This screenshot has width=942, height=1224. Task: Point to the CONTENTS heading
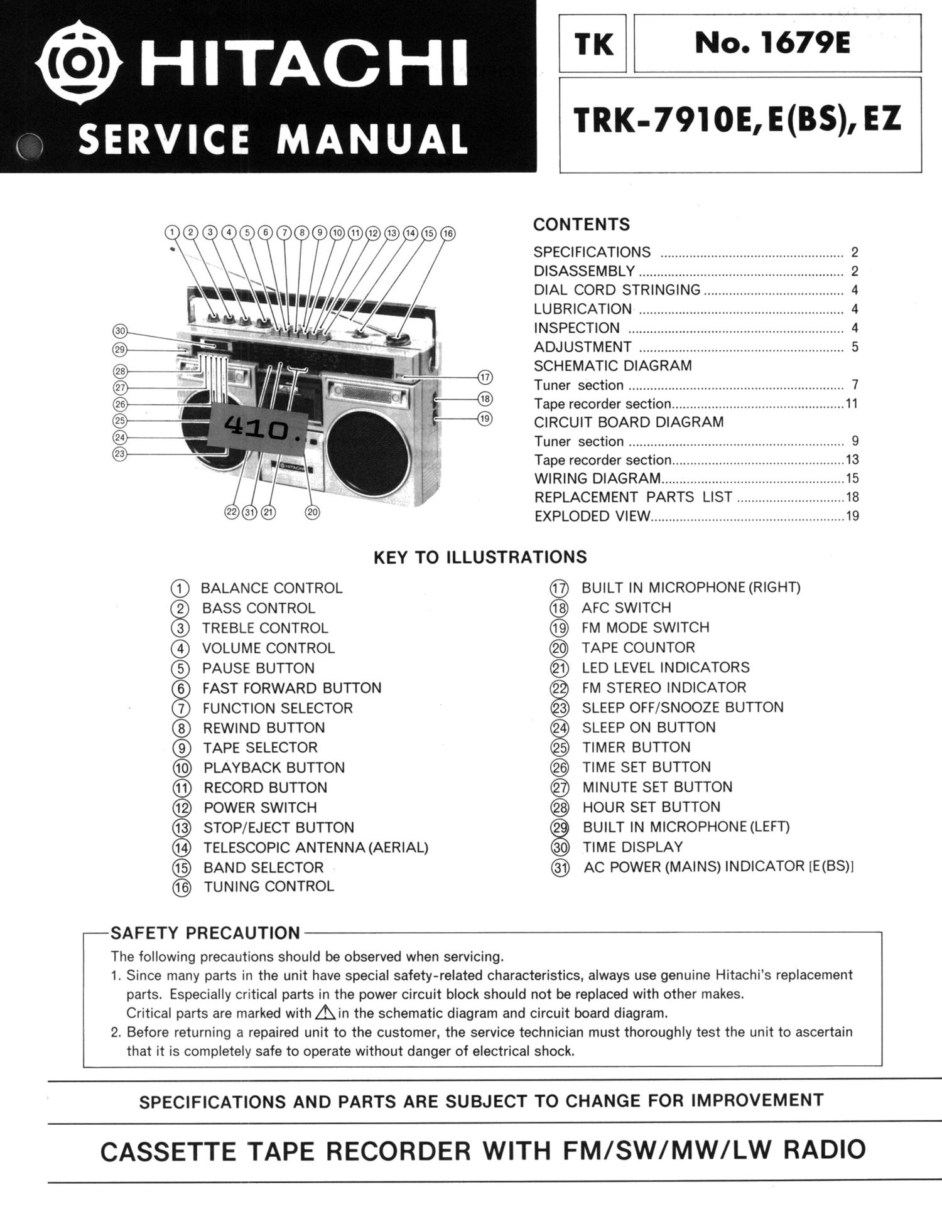point(581,225)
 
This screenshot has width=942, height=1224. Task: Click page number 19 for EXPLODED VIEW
point(852,517)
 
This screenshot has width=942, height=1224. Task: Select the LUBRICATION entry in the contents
point(582,309)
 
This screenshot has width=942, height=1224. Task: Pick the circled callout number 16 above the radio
point(447,234)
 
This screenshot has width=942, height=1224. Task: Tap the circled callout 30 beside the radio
point(120,331)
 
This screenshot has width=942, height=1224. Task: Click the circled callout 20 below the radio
point(312,512)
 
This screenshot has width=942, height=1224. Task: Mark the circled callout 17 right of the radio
point(485,378)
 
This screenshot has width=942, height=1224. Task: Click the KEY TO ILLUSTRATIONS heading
point(480,557)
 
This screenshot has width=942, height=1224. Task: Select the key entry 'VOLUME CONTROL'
point(268,648)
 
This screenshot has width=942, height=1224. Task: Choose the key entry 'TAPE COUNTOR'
point(638,648)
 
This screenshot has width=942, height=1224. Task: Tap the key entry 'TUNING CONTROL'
point(268,886)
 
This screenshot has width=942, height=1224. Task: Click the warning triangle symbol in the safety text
point(325,1012)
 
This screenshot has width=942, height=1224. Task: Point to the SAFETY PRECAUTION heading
point(205,933)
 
